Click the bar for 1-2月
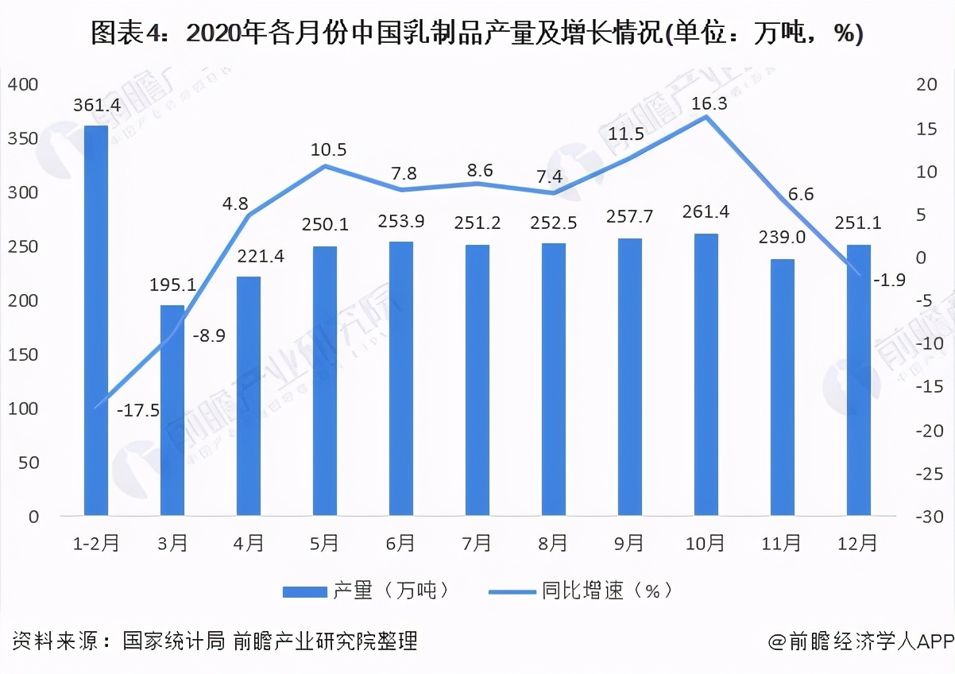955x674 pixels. [96, 321]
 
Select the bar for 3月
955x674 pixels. [172, 410]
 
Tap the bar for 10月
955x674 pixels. [706, 374]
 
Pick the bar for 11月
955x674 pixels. [782, 387]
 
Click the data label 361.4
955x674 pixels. [96, 104]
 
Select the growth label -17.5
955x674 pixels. [137, 410]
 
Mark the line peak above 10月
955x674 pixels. [706, 117]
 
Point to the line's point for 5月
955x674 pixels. [325, 166]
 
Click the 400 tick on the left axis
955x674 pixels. [23, 84]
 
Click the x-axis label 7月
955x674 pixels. [477, 544]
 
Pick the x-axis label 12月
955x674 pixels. [858, 544]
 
